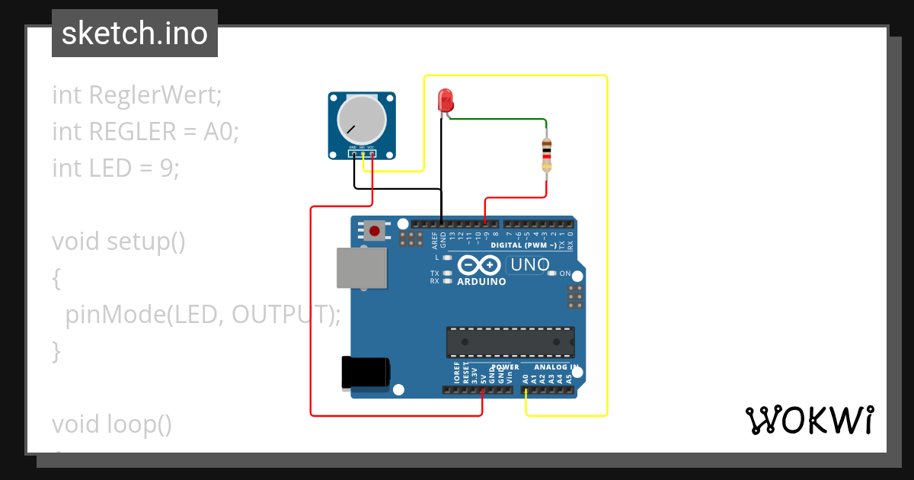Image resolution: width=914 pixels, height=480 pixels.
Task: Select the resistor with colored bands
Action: pyautogui.click(x=546, y=156)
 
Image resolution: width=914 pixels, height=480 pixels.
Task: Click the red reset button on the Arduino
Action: pyautogui.click(x=375, y=230)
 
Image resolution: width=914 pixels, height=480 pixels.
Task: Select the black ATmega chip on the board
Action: pyautogui.click(x=510, y=342)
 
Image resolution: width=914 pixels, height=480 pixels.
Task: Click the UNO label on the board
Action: pyautogui.click(x=529, y=265)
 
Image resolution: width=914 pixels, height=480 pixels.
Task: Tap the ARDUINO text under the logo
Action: pyautogui.click(x=481, y=282)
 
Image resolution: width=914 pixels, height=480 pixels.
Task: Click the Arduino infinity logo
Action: pyautogui.click(x=480, y=265)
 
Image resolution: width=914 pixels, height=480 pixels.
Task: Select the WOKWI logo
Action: pyautogui.click(x=809, y=420)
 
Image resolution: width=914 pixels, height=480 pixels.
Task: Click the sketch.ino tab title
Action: pyautogui.click(x=135, y=34)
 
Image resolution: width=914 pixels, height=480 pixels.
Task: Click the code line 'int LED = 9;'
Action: pyautogui.click(x=116, y=168)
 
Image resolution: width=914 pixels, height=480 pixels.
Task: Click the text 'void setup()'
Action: pyautogui.click(x=119, y=242)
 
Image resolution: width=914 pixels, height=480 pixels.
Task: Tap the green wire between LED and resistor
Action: pyautogui.click(x=503, y=119)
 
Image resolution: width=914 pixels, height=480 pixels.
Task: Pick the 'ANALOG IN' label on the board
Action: pyautogui.click(x=558, y=367)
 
